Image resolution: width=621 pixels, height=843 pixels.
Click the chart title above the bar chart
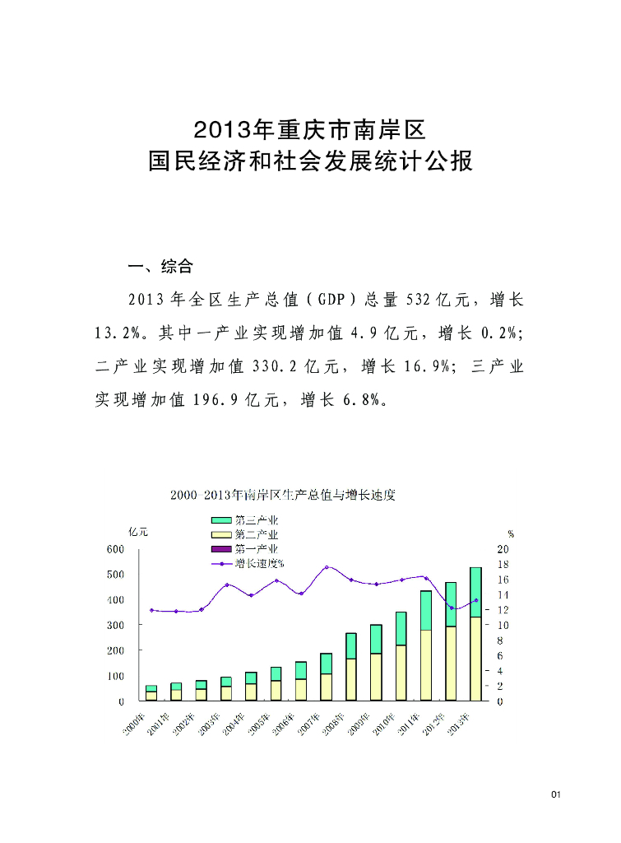283,496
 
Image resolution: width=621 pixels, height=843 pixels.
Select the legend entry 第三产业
246,520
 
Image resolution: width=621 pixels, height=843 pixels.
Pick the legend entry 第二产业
246,534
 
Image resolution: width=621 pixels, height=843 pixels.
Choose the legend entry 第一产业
246,548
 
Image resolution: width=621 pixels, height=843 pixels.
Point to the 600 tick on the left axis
115,548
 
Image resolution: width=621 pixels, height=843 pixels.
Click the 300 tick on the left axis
115,625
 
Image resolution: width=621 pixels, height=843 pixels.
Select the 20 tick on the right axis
503,548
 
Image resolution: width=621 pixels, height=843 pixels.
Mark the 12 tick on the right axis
503,610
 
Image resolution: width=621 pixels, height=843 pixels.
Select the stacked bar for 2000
151,692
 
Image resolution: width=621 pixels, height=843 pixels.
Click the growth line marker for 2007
327,567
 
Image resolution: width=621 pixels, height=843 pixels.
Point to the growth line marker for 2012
451,608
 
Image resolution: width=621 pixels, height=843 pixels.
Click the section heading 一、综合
160,267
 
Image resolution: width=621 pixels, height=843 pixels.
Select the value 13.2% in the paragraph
120,333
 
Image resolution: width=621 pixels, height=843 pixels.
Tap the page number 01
556,794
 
